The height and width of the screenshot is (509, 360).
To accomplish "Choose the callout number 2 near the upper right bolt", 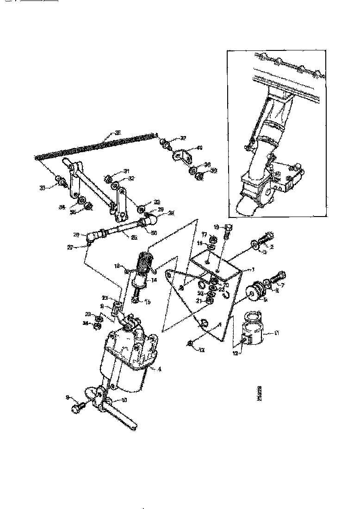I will coord(272,247).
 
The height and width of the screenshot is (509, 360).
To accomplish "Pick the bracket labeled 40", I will coord(182,155).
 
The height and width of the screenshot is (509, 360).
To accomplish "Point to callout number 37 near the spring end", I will coord(183,138).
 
